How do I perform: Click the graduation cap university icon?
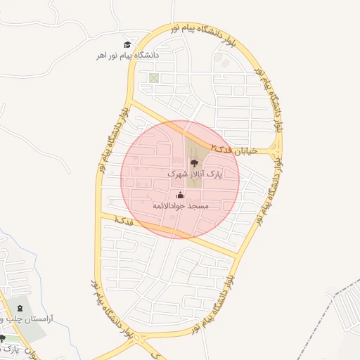click(x=128, y=45)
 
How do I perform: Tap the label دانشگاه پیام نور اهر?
click(x=128, y=55)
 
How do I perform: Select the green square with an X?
click(x=154, y=78)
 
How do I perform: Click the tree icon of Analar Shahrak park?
click(x=195, y=163)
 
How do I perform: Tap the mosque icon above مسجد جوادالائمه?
click(x=181, y=195)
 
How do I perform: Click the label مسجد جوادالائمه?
click(x=181, y=206)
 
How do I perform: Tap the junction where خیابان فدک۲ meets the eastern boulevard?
click(x=278, y=150)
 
